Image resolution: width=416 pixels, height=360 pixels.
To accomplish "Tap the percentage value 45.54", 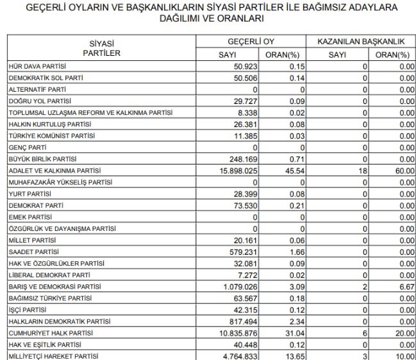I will click(288, 171).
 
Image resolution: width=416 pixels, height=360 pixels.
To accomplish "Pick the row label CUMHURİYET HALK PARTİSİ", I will click(50, 334).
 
